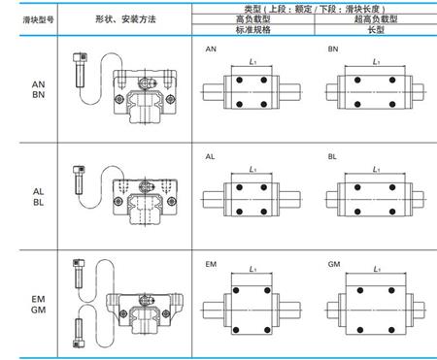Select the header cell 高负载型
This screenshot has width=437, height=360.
[x=252, y=17]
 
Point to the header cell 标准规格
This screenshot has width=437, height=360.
[x=252, y=29]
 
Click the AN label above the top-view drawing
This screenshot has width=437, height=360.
[x=211, y=48]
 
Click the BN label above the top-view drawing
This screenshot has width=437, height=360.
[x=333, y=48]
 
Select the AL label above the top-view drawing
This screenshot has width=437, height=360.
[x=211, y=155]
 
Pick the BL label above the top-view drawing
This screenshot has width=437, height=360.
[x=333, y=155]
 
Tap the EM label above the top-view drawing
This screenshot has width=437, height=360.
[x=211, y=263]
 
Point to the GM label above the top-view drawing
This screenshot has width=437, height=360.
[x=333, y=263]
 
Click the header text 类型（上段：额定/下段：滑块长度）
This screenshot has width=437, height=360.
[x=312, y=7]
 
